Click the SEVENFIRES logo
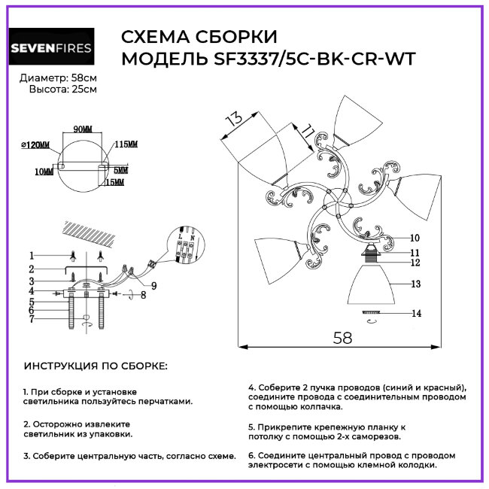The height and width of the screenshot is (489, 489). point(51,48)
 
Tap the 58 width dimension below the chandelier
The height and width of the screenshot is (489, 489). point(342,337)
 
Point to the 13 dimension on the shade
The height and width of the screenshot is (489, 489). point(235,120)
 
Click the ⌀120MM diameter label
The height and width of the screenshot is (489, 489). point(35,144)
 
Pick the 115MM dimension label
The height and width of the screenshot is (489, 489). point(126,144)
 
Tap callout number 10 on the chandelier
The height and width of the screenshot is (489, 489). point(415,238)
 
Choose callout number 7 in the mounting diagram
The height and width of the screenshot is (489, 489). point(32,320)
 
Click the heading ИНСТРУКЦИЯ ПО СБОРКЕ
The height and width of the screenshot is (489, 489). point(96,366)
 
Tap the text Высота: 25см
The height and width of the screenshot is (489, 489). point(62,90)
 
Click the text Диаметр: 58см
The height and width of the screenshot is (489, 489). point(58,78)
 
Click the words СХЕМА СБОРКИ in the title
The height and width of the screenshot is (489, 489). point(199,38)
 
